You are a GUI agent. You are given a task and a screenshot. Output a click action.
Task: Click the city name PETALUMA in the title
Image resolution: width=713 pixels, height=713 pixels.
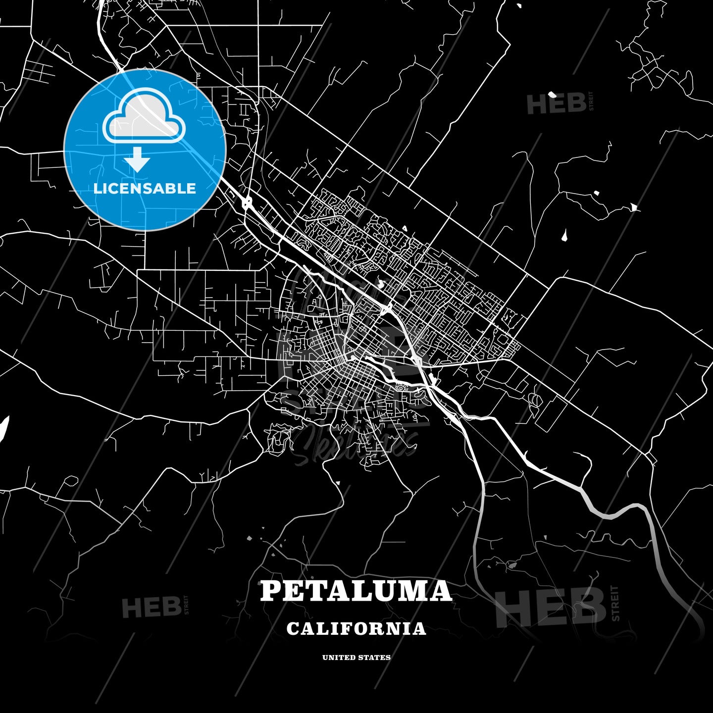pos(356,591)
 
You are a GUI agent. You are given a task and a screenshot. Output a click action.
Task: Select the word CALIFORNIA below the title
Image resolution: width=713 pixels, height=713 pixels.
pos(356,629)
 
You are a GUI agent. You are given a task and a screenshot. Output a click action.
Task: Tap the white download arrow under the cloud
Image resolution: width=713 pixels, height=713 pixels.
pos(137,159)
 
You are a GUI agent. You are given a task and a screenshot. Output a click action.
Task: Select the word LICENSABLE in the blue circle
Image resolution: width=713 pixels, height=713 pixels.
pos(145,188)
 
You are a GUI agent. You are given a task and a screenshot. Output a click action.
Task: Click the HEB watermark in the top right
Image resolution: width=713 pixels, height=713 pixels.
pos(556,104)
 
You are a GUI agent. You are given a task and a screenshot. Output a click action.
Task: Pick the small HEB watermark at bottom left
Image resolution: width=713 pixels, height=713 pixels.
pos(151,607)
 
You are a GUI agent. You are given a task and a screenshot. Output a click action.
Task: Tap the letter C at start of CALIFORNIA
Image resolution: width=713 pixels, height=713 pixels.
pos(293,629)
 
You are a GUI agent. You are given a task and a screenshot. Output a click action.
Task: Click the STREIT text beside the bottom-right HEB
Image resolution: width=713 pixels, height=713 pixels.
pos(615,603)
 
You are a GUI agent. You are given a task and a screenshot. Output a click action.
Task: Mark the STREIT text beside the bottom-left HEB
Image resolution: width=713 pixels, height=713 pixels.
pos(186,605)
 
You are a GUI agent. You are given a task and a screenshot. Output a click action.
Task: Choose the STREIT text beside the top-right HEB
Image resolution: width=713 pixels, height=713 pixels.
pos(591,101)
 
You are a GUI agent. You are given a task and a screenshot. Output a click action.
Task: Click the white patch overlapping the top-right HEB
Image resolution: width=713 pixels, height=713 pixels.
pos(552,95)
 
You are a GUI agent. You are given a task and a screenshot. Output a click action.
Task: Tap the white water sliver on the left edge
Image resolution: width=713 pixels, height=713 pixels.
pos(3,428)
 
